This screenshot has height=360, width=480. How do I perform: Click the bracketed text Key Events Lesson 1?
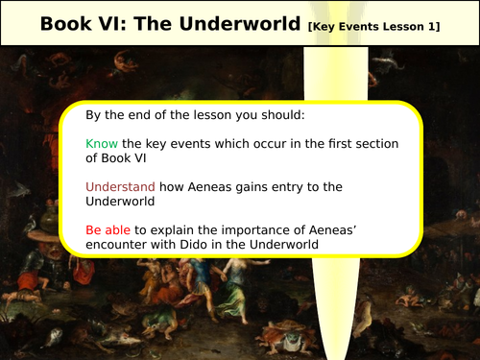(373, 25)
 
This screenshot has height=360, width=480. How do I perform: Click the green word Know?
(101, 142)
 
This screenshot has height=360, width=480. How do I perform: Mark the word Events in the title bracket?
(358, 25)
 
